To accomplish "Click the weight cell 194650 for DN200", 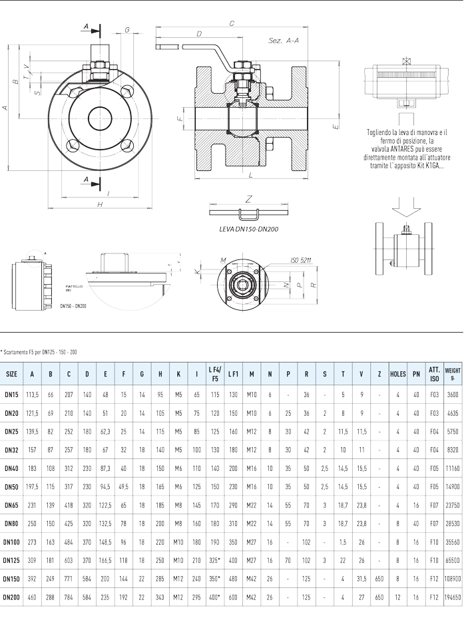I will point(453,597).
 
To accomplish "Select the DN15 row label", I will point(12,394).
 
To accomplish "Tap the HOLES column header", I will point(397,374).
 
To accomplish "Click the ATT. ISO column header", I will point(434,374).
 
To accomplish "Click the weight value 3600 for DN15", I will point(453,394).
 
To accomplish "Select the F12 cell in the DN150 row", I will point(434,579).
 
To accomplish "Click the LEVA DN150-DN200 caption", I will point(248,228).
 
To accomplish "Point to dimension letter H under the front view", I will point(99,205).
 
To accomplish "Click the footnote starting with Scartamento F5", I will point(39,352).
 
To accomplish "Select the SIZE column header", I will point(12,374).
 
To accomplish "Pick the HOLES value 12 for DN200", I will point(397,597).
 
